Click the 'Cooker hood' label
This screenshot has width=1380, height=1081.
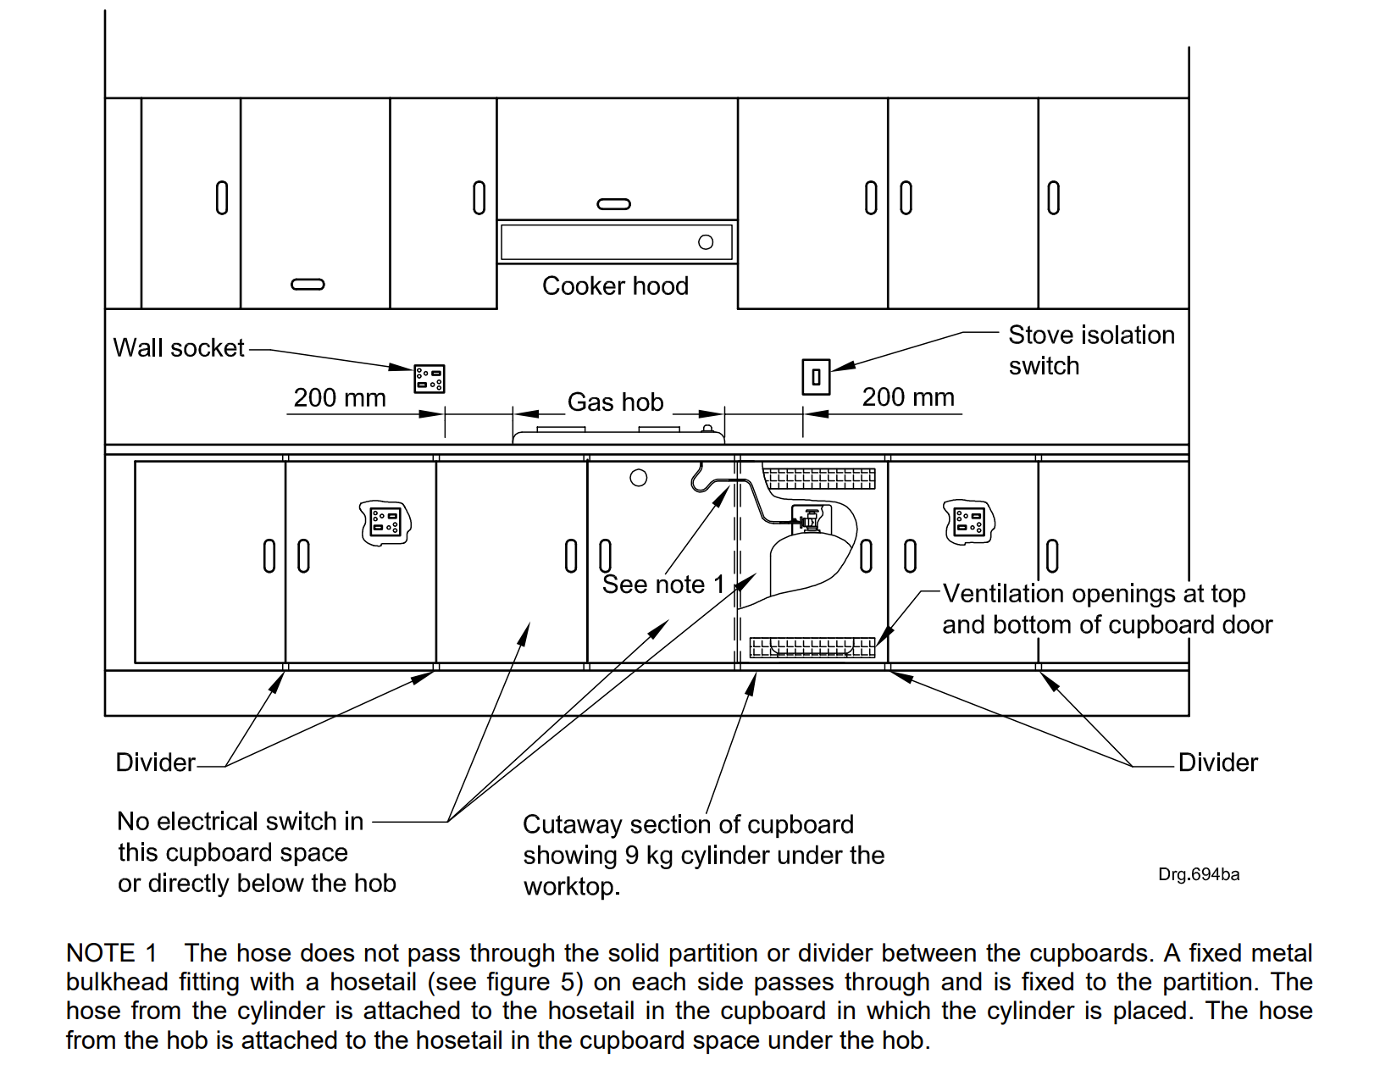pos(615,286)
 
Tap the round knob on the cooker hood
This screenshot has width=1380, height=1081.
pos(706,242)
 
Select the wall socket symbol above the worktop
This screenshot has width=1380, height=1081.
pos(429,379)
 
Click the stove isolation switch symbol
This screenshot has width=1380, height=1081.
pos(816,377)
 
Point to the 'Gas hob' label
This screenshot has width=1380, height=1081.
pos(615,402)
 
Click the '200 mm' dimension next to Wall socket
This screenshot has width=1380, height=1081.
pos(340,398)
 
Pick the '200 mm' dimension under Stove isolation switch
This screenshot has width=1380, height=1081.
pos(908,397)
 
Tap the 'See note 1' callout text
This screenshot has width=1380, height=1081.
pos(663,585)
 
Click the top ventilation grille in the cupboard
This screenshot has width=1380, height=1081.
pos(820,479)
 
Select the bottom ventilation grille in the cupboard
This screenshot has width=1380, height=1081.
pos(812,648)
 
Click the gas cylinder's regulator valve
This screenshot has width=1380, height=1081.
pos(810,518)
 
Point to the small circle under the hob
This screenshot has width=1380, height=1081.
pos(639,478)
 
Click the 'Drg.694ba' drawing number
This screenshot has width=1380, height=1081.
pos(1199,874)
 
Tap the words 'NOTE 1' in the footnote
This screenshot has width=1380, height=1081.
pos(112,953)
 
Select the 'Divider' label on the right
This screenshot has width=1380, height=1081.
pos(1217,762)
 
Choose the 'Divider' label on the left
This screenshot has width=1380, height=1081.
pos(155,762)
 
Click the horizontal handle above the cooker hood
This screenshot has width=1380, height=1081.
pos(614,204)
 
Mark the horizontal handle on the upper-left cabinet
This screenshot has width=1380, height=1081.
pos(308,285)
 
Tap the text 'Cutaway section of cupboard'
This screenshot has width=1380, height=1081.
pos(688,824)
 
